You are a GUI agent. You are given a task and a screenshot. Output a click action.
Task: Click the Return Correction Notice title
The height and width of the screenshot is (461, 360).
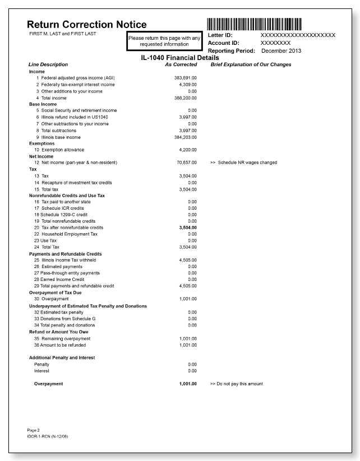point(87,25)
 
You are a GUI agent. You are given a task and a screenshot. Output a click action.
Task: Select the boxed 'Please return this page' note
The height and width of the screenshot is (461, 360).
point(165,42)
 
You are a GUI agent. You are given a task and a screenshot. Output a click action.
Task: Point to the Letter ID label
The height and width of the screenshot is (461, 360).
point(220,35)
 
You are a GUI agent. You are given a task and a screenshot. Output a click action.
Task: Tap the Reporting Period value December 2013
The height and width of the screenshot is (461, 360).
point(281,50)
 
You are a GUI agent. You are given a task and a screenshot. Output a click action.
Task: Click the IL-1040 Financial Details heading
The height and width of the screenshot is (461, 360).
point(179,58)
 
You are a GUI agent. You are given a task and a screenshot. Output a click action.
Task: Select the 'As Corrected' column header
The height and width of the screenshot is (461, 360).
point(181,64)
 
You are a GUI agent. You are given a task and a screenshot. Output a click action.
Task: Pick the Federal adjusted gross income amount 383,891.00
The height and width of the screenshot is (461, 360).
point(186,78)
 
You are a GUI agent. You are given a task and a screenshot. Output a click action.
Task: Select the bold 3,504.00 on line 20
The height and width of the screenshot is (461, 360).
point(187,227)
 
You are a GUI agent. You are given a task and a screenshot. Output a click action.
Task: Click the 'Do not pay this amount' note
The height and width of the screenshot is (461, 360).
point(236,384)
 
